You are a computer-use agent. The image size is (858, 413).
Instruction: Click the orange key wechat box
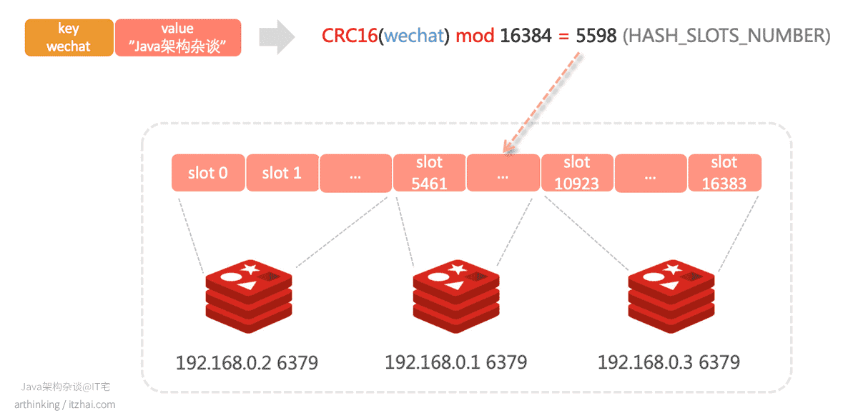tap(69, 37)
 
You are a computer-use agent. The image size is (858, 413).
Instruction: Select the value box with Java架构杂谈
tap(178, 37)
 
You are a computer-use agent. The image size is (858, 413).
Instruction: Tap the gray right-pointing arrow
tap(277, 37)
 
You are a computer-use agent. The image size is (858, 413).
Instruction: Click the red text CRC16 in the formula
tap(350, 36)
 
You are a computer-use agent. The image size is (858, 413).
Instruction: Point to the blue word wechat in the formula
tap(414, 36)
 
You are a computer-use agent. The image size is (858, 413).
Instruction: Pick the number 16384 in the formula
tap(526, 36)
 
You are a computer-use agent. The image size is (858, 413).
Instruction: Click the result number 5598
tap(596, 36)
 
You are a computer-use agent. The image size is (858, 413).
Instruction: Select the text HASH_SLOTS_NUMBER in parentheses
tap(726, 36)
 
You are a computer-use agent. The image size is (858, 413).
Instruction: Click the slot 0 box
tap(208, 173)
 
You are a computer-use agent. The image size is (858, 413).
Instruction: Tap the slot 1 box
tap(282, 173)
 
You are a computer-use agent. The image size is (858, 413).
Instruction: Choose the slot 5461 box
tap(430, 173)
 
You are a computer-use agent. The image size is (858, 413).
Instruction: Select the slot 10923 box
tap(577, 173)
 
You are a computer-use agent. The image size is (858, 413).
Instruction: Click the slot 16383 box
tap(725, 173)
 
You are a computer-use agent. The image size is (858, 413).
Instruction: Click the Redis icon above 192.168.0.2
tap(249, 297)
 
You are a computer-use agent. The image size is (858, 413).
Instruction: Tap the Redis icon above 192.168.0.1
tap(456, 297)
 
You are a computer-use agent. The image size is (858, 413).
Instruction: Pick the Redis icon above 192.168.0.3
tap(671, 297)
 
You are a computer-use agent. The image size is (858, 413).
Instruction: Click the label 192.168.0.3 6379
tap(669, 362)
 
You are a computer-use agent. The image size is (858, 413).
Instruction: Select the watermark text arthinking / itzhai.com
tap(65, 404)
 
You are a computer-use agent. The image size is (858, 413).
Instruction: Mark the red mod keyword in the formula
tap(475, 36)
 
